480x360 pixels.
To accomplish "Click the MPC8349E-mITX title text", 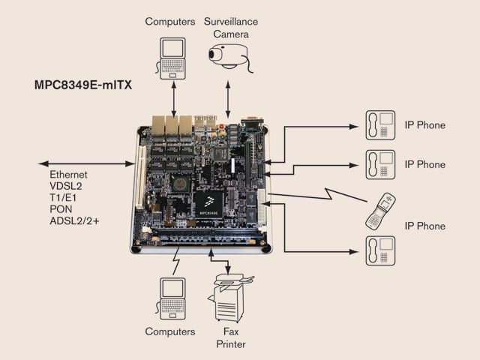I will point(82,85).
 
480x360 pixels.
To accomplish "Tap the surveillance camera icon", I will point(230,57).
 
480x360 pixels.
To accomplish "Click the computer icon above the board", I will point(172,58).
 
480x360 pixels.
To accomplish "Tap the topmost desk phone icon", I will point(380,124).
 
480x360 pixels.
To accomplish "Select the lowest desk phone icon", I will point(380,250).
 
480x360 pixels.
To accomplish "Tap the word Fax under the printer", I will point(231,331).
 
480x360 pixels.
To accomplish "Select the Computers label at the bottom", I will point(170,331).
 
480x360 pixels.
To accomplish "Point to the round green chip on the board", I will point(179,181).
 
